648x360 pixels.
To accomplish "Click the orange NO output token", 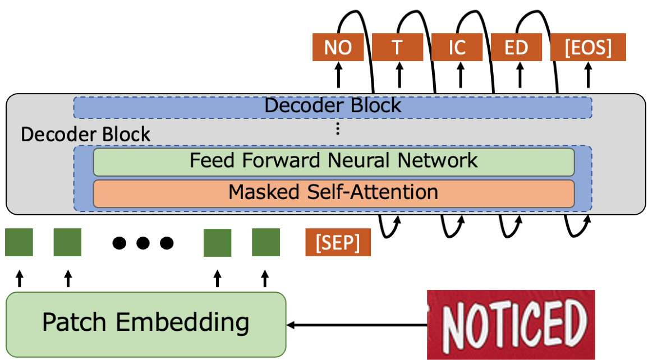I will coord(338,48).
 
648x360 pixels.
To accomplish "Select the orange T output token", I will coord(398,48).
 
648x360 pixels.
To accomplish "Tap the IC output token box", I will coord(457,48).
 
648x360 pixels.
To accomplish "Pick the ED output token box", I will coord(517,48).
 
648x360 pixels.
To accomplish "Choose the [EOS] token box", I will coord(588,48).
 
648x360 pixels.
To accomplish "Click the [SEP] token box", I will coord(338,243).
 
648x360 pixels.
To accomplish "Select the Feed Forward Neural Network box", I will coord(333,161).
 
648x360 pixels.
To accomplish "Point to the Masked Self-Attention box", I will coord(333,193).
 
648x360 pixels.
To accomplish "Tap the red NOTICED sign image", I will coord(511,324).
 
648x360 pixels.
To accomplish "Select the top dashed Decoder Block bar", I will coord(333,107).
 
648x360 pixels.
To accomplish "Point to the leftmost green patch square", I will coord(19,242).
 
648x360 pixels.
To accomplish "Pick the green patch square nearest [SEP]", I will coord(266,242).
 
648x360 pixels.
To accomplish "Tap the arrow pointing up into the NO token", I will coord(338,75).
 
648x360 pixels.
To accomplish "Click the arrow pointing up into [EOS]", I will coord(588,75).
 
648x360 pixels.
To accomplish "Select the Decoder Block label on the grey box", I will coord(85,135).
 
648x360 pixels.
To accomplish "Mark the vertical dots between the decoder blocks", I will coord(338,129).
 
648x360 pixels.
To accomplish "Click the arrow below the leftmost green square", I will coord(19,278).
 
